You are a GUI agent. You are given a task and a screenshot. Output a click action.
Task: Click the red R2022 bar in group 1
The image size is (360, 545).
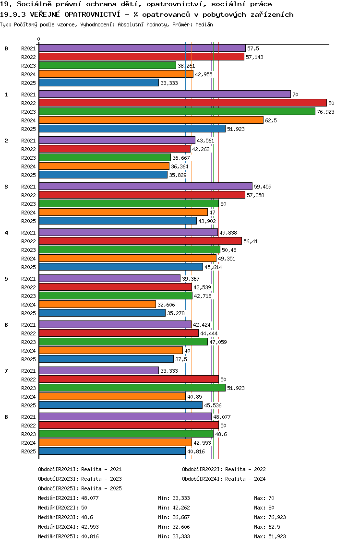[x=182, y=103]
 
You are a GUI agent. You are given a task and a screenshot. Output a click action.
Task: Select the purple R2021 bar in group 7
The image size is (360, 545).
[x=98, y=370]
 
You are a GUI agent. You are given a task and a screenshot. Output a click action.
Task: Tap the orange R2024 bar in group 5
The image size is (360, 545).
[x=97, y=304]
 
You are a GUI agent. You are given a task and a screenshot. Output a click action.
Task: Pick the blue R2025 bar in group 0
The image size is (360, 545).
[x=98, y=83]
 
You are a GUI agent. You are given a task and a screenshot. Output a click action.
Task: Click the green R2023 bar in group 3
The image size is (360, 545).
[x=128, y=203]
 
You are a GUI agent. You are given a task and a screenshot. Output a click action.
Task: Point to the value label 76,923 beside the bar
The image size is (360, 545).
[x=325, y=112]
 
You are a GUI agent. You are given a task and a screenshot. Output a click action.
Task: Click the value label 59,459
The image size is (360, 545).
[x=262, y=187]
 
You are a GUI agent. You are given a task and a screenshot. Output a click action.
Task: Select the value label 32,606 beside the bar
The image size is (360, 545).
[x=166, y=305]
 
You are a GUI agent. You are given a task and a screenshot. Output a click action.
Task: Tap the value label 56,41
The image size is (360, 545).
[x=251, y=241]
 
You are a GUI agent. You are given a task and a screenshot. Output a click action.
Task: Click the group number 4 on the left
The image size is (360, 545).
[x=6, y=233]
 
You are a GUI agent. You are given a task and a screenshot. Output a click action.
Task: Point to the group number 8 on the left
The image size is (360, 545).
[x=6, y=417]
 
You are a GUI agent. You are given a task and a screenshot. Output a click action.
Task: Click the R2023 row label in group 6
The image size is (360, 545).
[x=28, y=342]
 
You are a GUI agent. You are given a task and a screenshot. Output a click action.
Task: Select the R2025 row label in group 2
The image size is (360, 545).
[x=28, y=175]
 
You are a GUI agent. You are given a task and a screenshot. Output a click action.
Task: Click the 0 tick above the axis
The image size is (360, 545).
[x=39, y=39]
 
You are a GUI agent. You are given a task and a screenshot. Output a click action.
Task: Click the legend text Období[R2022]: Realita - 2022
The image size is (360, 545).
[x=224, y=469]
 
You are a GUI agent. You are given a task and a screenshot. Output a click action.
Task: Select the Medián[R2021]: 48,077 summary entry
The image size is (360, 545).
[x=68, y=498]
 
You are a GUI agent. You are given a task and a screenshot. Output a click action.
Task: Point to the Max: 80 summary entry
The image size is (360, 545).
[x=264, y=508]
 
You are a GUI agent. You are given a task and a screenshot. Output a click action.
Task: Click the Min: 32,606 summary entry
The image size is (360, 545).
[x=174, y=527]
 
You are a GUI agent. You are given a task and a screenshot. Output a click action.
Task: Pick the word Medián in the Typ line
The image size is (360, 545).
[x=204, y=24]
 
